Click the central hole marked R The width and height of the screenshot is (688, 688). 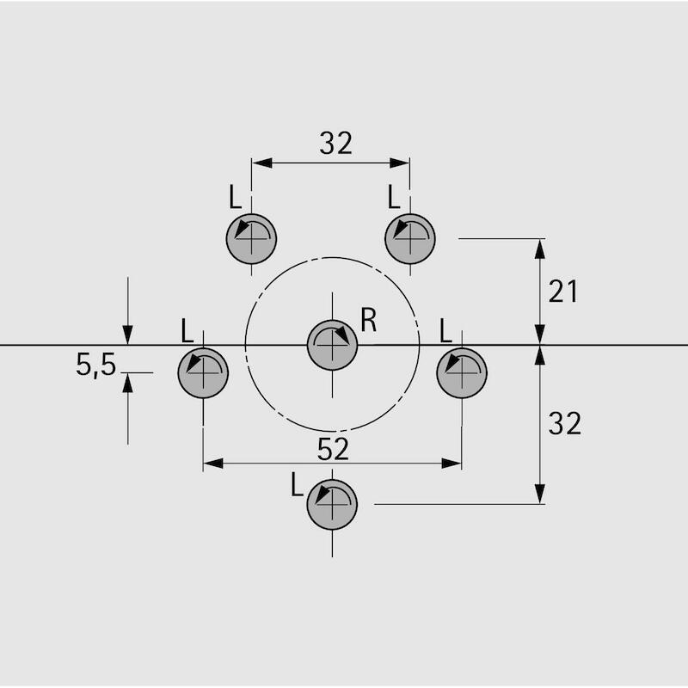point(332,346)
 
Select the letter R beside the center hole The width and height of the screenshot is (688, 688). point(369,320)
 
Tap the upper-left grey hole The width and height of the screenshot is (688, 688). point(251,239)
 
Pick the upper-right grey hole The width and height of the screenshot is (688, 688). point(410,239)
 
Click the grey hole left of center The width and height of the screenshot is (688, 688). point(203,373)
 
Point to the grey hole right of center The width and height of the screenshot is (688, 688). point(462,373)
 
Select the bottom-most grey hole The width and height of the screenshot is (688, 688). point(332,505)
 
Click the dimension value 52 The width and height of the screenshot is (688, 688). point(333,449)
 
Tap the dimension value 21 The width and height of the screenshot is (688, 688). point(563,292)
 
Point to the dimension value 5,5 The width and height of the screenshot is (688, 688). point(95,364)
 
